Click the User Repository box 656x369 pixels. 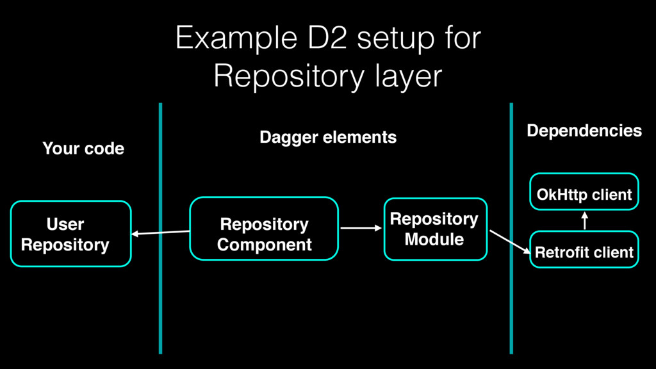click(x=70, y=234)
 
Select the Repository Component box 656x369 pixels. click(x=264, y=229)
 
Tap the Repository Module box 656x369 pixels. click(x=436, y=229)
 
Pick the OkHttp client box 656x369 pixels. click(x=584, y=192)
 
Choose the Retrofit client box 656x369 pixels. click(x=584, y=249)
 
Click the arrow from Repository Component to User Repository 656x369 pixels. click(x=161, y=233)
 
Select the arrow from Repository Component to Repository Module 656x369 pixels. click(x=361, y=228)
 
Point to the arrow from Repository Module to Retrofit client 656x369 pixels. click(x=510, y=242)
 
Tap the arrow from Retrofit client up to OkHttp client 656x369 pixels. click(x=584, y=221)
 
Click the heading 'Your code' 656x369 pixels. click(x=83, y=149)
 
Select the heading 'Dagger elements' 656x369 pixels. click(x=328, y=137)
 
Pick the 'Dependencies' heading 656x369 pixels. click(x=584, y=131)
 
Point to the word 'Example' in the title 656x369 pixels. click(x=236, y=38)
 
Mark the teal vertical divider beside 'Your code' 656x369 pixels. click(x=160, y=229)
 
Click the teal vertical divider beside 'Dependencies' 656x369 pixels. click(x=511, y=229)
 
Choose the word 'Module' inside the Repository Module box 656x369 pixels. click(x=434, y=240)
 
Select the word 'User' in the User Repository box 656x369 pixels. click(x=65, y=224)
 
